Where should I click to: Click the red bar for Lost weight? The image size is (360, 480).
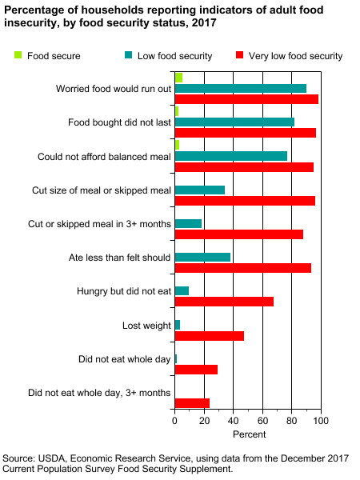[x=209, y=336]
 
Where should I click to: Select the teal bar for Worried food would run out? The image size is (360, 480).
[x=240, y=88]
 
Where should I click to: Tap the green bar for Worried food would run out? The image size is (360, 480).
[x=178, y=78]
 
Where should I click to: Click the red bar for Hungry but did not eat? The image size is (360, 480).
[x=224, y=302]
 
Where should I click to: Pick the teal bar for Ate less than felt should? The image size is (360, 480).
[x=202, y=257]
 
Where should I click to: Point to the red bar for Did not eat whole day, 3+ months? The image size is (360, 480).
[x=192, y=403]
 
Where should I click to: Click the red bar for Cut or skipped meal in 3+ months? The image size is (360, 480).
[x=238, y=234]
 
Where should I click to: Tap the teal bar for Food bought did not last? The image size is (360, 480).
[x=234, y=122]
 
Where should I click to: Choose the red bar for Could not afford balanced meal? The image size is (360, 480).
[x=244, y=167]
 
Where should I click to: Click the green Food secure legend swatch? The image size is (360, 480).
[x=18, y=56]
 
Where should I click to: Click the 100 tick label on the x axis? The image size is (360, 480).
[x=321, y=420]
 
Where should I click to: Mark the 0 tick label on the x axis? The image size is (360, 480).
[x=174, y=420]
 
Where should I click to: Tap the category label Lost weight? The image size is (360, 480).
[x=146, y=326]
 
